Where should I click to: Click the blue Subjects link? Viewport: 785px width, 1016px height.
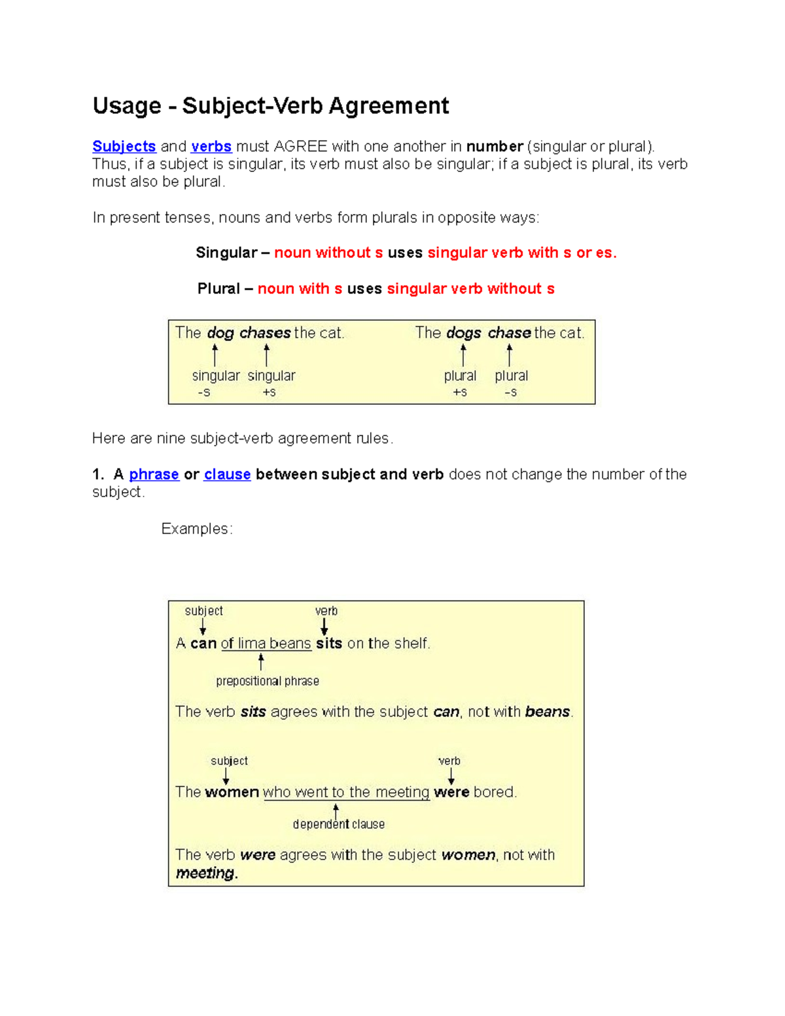(x=124, y=146)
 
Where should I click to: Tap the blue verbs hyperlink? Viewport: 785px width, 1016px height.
(x=211, y=146)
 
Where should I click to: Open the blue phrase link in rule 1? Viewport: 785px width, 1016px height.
(x=154, y=474)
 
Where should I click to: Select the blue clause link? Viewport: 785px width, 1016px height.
(x=227, y=474)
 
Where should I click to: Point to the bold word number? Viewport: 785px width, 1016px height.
(x=495, y=146)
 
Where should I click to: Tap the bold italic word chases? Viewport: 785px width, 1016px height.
(x=265, y=333)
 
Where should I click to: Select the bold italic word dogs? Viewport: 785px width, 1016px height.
(x=464, y=333)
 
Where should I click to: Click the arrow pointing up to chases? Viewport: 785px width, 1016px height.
(x=266, y=355)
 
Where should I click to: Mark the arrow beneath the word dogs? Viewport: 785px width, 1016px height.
(x=463, y=355)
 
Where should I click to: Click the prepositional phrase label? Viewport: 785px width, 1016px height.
(x=268, y=681)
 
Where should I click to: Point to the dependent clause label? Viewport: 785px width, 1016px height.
(x=338, y=824)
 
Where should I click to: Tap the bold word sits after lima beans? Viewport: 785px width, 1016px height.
(x=329, y=644)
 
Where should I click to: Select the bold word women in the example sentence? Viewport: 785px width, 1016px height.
(x=232, y=792)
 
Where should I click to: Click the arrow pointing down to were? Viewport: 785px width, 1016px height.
(x=451, y=776)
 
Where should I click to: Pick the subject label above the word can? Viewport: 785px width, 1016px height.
(x=203, y=611)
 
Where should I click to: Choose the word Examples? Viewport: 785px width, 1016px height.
(x=196, y=529)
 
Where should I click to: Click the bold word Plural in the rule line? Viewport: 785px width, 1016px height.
(x=218, y=289)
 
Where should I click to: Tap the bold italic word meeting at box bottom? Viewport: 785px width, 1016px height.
(x=205, y=873)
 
